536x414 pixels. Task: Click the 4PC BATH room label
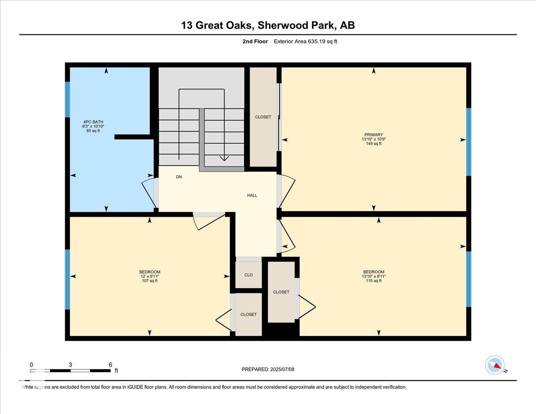click(93, 122)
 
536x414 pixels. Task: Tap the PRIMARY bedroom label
click(374, 134)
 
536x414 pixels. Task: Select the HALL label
click(252, 195)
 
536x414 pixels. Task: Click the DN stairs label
click(179, 177)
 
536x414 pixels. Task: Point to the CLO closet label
click(248, 275)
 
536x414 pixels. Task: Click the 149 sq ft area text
click(374, 143)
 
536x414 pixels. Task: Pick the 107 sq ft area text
click(150, 280)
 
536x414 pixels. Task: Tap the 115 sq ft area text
click(374, 280)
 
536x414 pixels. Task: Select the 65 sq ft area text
click(93, 131)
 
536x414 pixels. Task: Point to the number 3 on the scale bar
click(70, 365)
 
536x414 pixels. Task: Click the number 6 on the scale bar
click(110, 365)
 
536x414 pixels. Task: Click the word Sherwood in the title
click(280, 25)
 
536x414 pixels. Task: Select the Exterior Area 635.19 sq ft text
click(306, 42)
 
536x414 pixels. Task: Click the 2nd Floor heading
click(255, 42)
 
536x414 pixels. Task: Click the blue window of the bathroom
click(67, 100)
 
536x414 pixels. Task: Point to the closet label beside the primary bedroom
click(263, 117)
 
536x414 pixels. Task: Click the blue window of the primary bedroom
click(469, 142)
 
